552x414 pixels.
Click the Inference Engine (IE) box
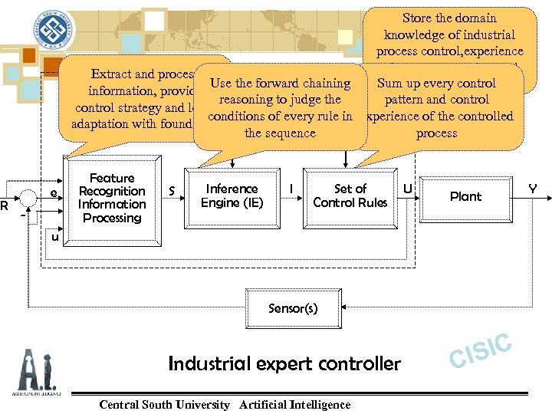[232, 196]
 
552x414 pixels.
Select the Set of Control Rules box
[350, 196]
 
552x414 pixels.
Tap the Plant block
[465, 196]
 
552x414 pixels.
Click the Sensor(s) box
[292, 308]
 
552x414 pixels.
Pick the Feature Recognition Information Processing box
[112, 198]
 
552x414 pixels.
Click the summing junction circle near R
[29, 197]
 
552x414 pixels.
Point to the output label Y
[532, 189]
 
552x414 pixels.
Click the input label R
[5, 205]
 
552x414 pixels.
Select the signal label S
[172, 189]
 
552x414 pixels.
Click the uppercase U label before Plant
[408, 188]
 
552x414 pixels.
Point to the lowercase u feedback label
[54, 238]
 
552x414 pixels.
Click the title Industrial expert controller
[284, 363]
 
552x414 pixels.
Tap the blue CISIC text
[480, 350]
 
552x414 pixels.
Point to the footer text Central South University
[165, 404]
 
